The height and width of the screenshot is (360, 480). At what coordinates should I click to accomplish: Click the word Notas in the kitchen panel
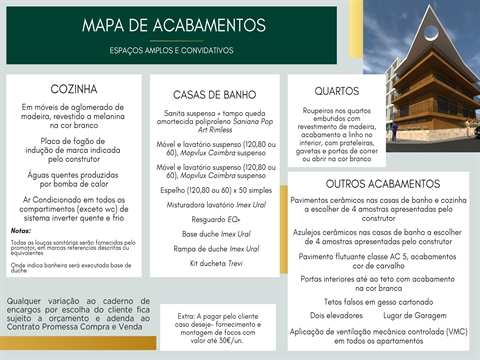(x=21, y=230)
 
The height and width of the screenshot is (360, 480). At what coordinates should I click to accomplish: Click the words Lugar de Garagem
(x=415, y=315)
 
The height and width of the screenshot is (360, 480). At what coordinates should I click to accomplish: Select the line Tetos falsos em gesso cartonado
(x=378, y=300)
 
